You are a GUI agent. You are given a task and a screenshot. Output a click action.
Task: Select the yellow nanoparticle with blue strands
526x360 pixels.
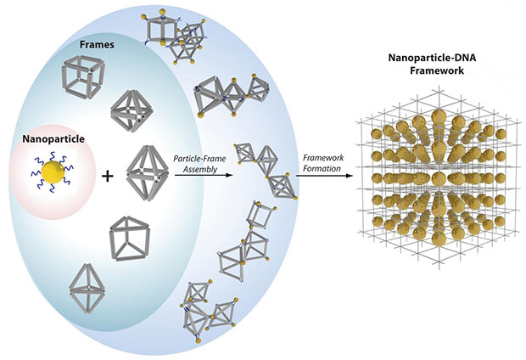[53, 172]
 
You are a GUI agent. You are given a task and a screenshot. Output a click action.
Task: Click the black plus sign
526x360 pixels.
[108, 177]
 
